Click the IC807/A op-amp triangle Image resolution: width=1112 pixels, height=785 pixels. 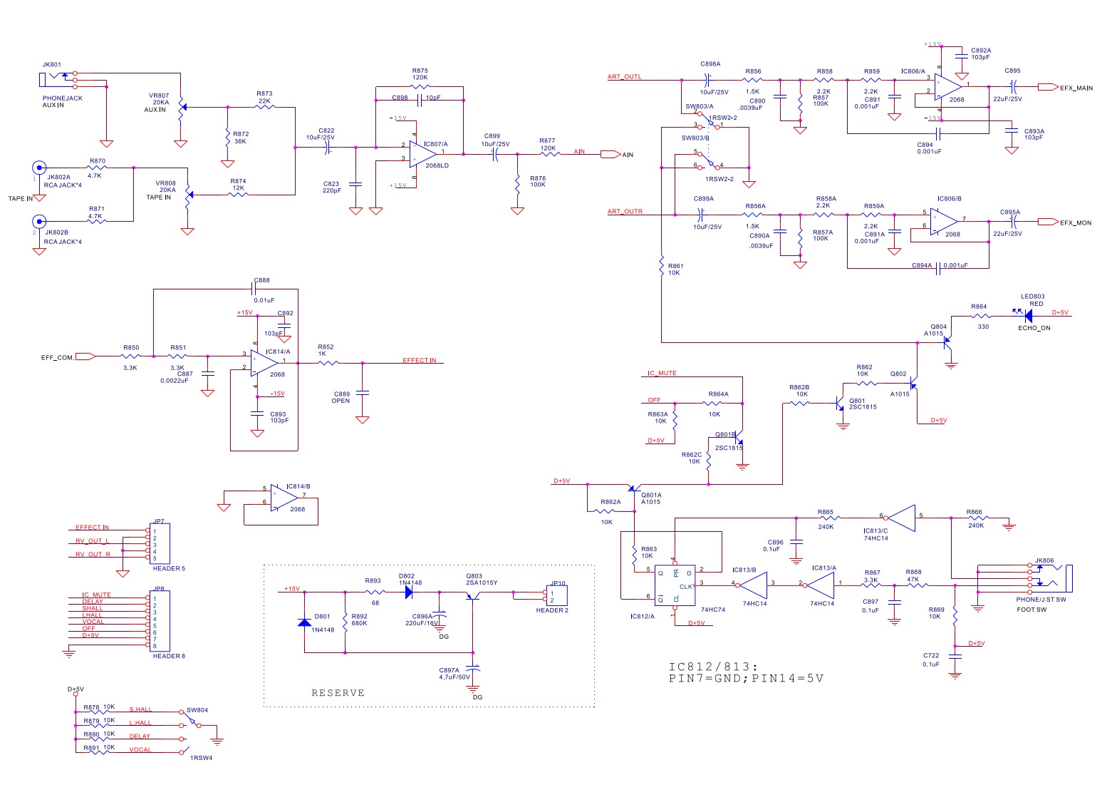(x=422, y=153)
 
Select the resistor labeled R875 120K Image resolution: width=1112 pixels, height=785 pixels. (x=420, y=88)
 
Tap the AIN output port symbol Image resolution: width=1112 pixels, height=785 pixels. (x=610, y=154)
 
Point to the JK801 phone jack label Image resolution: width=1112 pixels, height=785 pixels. (x=51, y=65)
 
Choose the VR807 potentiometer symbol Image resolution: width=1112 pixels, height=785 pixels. (x=181, y=108)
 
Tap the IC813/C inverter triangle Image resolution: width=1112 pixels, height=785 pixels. (x=901, y=518)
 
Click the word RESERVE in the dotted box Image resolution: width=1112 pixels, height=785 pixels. (x=338, y=693)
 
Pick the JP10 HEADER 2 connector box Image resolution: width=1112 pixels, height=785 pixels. (x=556, y=596)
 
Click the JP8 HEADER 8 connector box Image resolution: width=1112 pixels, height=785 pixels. (x=160, y=620)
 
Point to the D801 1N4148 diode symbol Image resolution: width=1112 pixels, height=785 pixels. (x=304, y=622)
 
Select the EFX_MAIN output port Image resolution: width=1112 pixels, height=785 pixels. (x=1047, y=87)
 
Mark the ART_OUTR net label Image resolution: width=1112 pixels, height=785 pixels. (x=625, y=212)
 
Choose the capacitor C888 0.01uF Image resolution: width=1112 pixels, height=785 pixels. (x=254, y=289)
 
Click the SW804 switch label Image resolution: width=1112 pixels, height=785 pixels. (x=197, y=710)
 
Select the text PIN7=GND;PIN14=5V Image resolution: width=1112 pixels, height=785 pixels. (x=746, y=678)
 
